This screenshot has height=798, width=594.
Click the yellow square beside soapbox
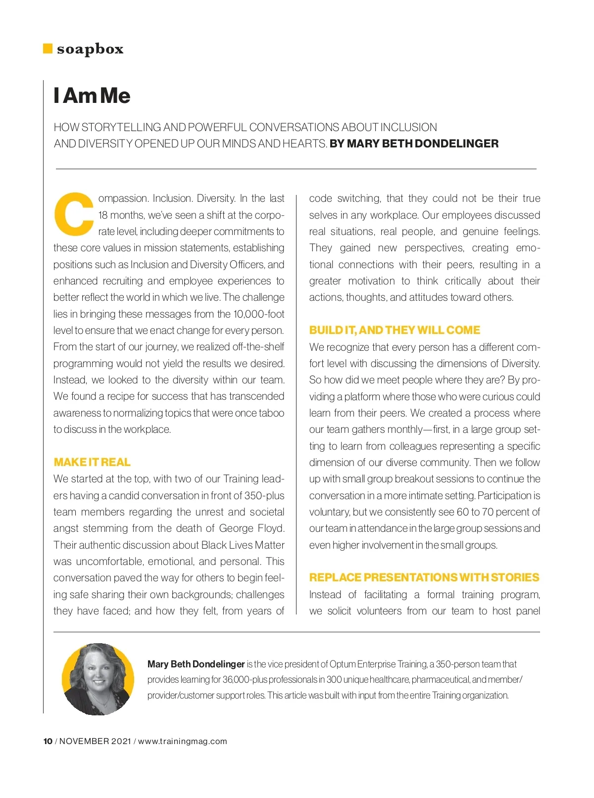pos(48,48)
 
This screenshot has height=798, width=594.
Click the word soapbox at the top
pos(90,49)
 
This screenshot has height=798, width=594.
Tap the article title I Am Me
pos(92,95)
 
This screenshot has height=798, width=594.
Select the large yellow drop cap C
pos(74,213)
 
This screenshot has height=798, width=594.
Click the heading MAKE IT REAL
pos(92,462)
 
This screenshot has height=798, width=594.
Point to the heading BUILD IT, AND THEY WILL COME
pos(395,330)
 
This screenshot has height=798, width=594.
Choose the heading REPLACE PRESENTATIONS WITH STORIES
pos(424,577)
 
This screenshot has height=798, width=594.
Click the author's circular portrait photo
pos(98,679)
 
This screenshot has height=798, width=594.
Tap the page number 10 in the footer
pos(48,741)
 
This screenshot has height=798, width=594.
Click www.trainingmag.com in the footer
pos(182,741)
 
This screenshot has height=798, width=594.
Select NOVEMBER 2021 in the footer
pos(95,741)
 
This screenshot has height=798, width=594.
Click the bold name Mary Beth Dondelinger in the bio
pos(196,664)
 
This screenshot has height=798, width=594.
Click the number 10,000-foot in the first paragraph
pos(258,314)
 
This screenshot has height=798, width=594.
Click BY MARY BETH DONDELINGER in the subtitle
pos(414,143)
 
